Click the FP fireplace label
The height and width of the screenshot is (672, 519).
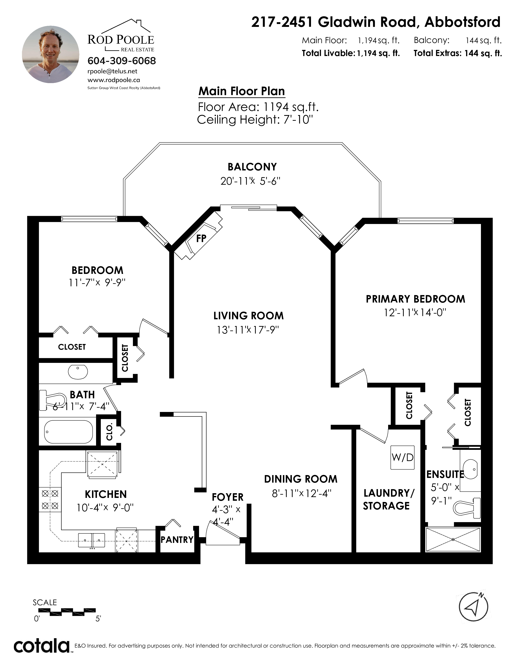[x=201, y=238]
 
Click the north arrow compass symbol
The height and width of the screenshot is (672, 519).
[x=473, y=607]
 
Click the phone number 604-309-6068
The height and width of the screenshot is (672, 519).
[x=122, y=61]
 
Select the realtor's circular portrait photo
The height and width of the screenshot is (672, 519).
[x=51, y=54]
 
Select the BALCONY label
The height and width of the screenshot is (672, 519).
[x=252, y=167]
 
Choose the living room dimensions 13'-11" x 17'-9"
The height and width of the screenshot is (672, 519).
[x=248, y=330]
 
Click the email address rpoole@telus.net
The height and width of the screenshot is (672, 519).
[x=113, y=71]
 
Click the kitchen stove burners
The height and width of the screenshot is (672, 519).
[x=50, y=500]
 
